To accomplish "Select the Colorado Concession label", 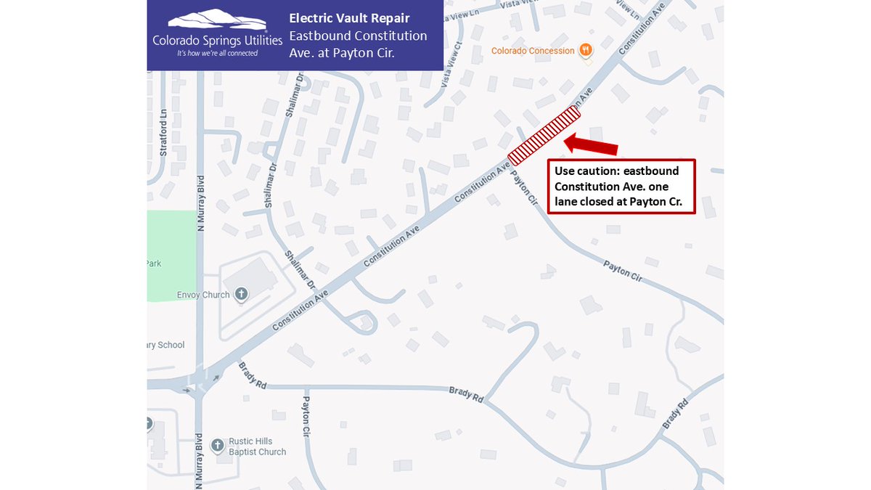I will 533,51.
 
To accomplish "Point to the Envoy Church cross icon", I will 242,294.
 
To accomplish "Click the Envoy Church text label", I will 203,295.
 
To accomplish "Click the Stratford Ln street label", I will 164,133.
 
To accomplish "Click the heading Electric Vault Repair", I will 349,18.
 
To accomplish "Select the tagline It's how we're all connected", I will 217,53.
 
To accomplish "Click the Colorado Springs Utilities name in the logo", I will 217,41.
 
